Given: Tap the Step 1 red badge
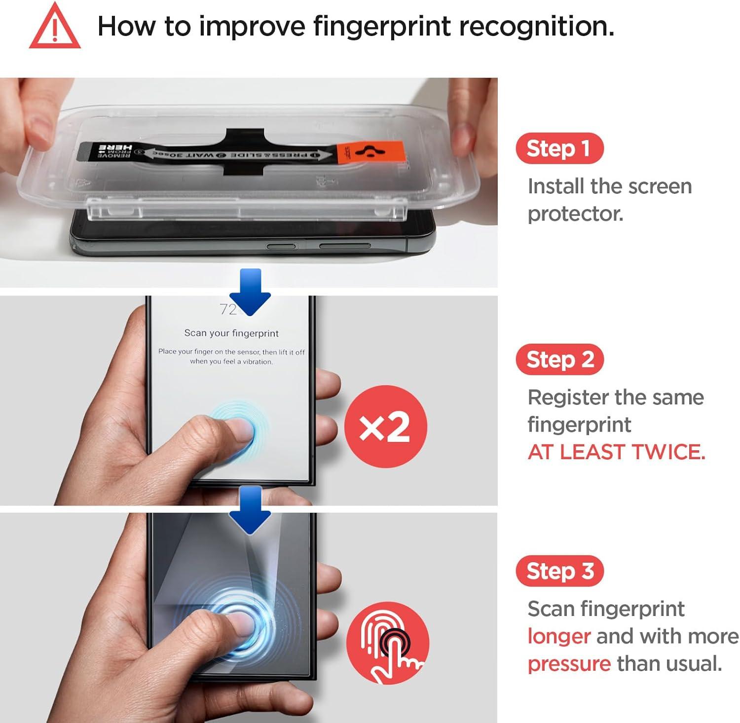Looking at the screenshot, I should pyautogui.click(x=559, y=148).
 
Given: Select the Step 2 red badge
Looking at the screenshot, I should pyautogui.click(x=559, y=360).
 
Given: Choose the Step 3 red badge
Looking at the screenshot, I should pyautogui.click(x=559, y=571).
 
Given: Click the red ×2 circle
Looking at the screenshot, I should pyautogui.click(x=385, y=427).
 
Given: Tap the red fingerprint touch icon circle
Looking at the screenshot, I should pyautogui.click(x=388, y=643).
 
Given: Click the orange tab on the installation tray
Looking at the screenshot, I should pyautogui.click(x=370, y=152).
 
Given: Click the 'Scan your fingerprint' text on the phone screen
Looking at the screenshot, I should pyautogui.click(x=231, y=333).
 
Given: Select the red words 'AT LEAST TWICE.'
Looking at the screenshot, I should pyautogui.click(x=616, y=452).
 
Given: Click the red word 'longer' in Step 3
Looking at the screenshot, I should pyautogui.click(x=558, y=636).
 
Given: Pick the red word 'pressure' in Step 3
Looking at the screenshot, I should pyautogui.click(x=569, y=664).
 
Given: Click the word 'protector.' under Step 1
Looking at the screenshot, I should pyautogui.click(x=575, y=214).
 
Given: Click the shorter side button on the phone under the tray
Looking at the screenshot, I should pyautogui.click(x=281, y=246).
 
